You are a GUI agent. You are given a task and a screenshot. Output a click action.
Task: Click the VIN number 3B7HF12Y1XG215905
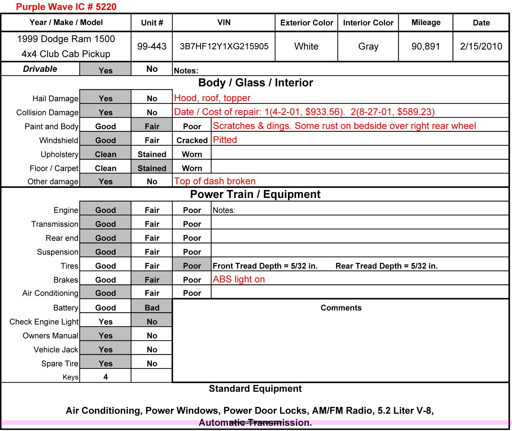224,46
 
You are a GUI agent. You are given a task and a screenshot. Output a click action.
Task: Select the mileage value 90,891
425,46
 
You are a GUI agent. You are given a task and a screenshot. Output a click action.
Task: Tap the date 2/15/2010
481,46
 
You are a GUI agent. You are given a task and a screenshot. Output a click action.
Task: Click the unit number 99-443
152,46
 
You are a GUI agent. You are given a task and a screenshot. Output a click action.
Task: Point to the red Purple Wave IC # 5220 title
66,7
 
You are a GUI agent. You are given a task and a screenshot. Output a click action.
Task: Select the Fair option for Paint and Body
152,126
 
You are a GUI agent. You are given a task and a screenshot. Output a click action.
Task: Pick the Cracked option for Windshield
192,140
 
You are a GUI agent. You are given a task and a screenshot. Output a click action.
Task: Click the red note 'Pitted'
225,140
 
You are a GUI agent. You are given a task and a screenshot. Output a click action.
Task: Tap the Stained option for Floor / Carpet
152,168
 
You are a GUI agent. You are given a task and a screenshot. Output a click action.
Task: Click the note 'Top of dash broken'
215,181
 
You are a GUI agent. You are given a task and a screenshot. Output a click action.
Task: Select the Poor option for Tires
192,266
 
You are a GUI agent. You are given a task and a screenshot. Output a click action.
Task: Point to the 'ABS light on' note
239,279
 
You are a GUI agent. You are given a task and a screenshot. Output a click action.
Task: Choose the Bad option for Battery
152,308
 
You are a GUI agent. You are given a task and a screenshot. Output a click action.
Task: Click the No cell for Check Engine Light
152,322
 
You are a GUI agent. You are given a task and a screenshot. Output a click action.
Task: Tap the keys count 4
106,377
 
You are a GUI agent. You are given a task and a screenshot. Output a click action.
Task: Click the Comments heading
341,308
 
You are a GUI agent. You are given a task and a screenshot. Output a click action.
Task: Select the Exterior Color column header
306,23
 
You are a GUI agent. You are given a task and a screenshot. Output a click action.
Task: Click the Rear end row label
62,238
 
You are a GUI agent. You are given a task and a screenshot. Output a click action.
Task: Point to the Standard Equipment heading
255,389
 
